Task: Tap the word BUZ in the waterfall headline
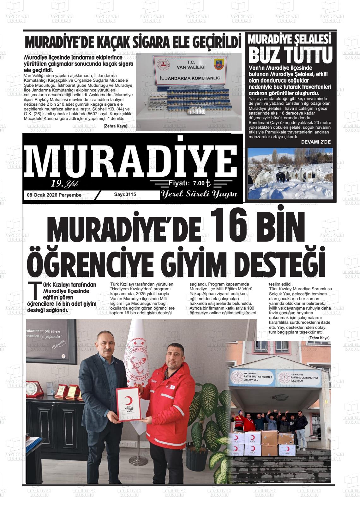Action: click(x=266, y=55)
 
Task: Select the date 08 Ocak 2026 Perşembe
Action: click(x=54, y=195)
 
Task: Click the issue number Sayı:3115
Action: click(x=125, y=194)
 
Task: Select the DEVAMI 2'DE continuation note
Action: click(x=316, y=142)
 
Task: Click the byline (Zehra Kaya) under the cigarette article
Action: click(x=115, y=126)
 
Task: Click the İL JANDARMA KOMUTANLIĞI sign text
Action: click(x=189, y=78)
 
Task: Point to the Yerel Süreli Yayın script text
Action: click(x=199, y=194)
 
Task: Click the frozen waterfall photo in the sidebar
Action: click(x=290, y=173)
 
